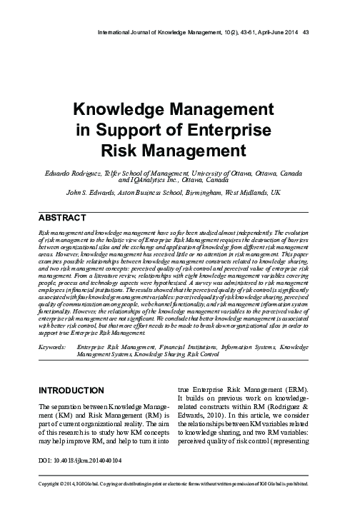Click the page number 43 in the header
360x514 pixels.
(x=306, y=31)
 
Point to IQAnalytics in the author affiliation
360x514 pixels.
(x=148, y=181)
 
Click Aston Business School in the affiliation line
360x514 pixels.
(x=154, y=193)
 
